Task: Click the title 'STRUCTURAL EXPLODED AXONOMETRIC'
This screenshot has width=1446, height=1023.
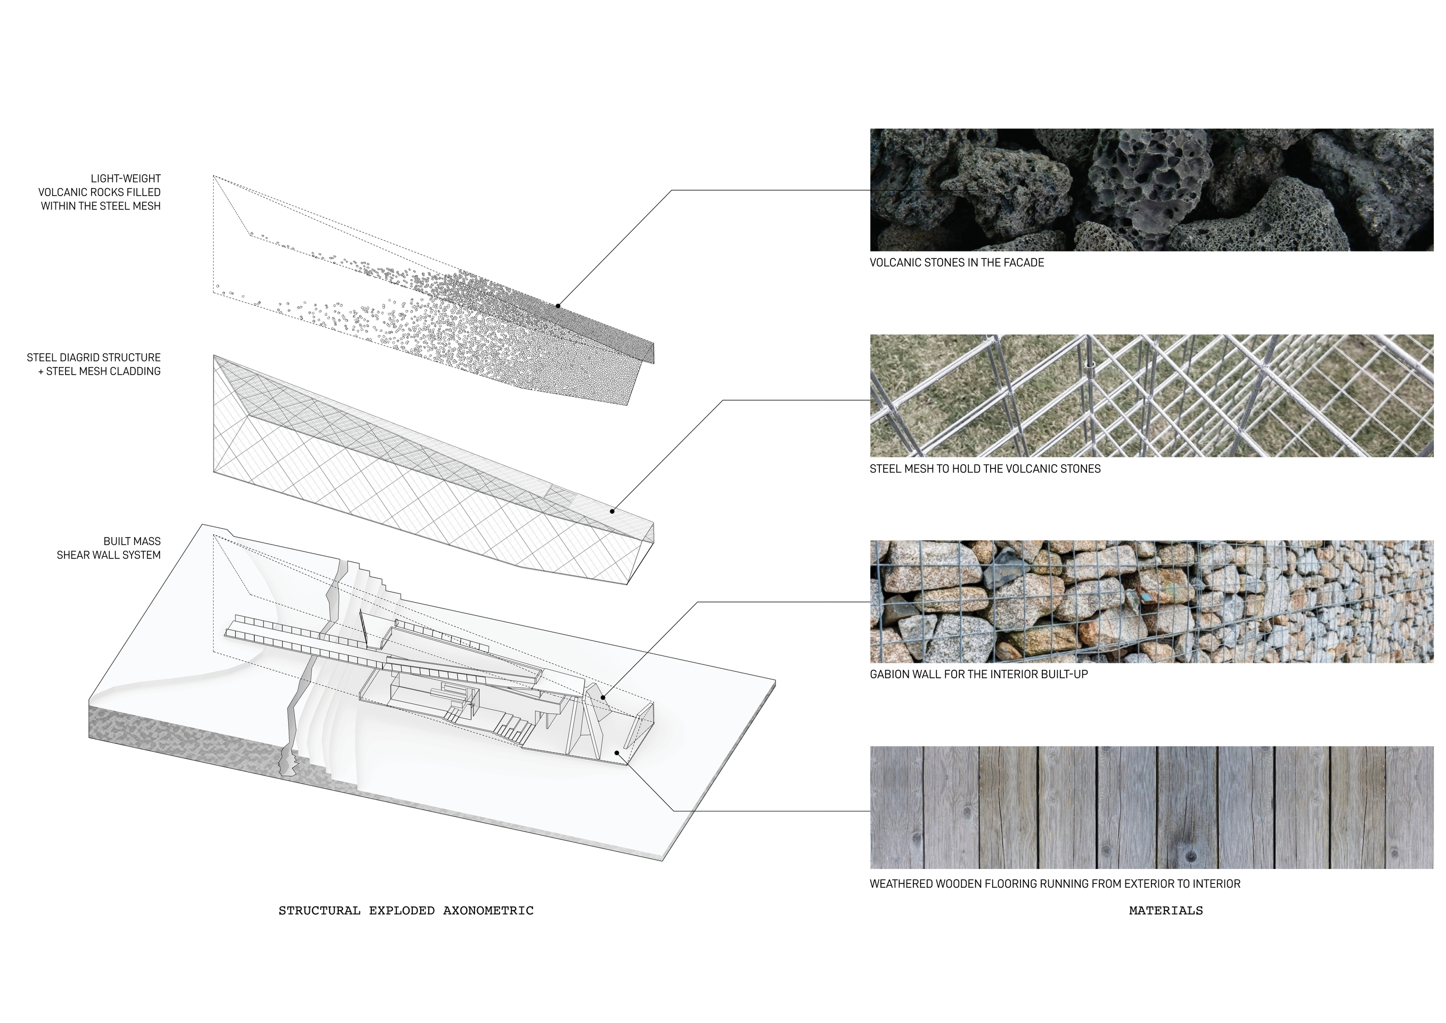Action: [406, 910]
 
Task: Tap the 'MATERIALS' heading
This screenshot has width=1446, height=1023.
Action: [1165, 910]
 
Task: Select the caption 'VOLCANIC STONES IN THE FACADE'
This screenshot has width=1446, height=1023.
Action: [956, 263]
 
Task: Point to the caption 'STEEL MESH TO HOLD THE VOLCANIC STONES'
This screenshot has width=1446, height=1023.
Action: [984, 469]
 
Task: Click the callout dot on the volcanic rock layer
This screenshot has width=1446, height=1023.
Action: [558, 306]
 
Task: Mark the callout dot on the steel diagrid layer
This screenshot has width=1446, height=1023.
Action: [611, 511]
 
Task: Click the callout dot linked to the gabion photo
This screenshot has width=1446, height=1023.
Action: [603, 697]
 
